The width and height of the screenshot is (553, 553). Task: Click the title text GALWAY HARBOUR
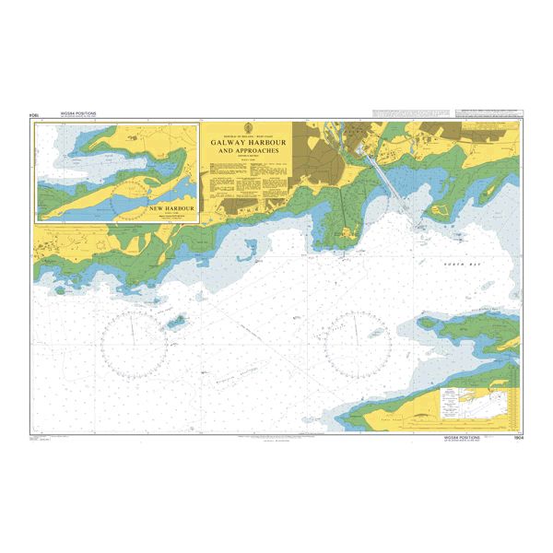[x=247, y=144]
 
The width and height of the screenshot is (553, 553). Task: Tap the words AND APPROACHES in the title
[x=247, y=152]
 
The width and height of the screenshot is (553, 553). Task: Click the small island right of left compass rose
[x=174, y=322]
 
